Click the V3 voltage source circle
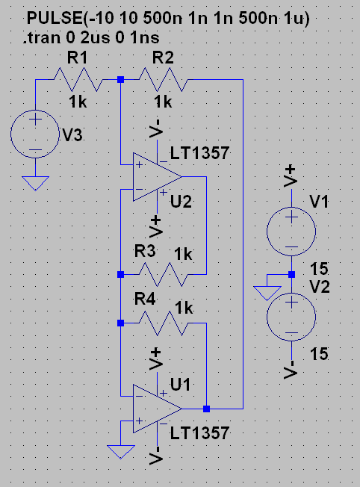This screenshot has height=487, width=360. (x=35, y=134)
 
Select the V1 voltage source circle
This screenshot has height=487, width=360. (x=291, y=232)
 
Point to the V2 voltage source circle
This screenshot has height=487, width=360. (x=291, y=317)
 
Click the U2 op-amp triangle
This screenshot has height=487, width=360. (x=157, y=177)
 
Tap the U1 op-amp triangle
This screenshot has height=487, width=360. (x=157, y=409)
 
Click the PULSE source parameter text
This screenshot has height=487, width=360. (x=168, y=19)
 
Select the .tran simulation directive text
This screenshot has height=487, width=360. (x=91, y=38)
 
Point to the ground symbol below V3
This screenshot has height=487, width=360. (x=35, y=183)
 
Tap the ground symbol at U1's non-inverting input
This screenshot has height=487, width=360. (x=121, y=452)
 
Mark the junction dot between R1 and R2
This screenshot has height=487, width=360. (x=121, y=80)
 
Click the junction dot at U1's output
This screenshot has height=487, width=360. (x=207, y=409)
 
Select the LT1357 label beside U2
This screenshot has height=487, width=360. (x=199, y=153)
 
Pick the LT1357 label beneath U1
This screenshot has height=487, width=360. (x=199, y=433)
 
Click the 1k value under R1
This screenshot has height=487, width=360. (x=78, y=102)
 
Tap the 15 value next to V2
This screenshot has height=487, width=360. (x=319, y=354)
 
